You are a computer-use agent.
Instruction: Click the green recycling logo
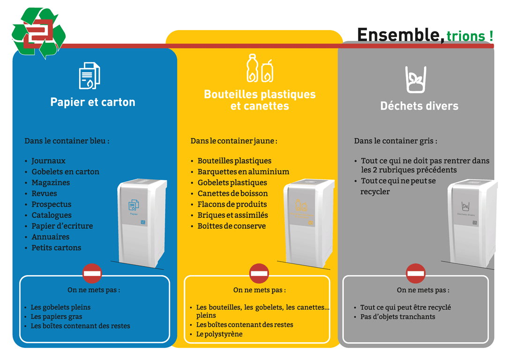point(38,33)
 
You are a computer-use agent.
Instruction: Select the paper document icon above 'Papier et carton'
point(89,75)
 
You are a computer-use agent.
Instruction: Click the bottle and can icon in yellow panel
point(260,68)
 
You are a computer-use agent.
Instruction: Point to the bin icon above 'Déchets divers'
point(416,79)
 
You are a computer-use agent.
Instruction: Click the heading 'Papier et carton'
point(93,102)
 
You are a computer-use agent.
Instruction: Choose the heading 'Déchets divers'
point(419,106)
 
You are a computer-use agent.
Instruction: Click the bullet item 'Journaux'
point(48,161)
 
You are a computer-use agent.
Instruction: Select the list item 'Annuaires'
point(50,237)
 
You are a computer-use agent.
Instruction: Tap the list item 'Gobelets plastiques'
point(232,182)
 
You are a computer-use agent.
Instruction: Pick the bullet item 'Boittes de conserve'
point(231,226)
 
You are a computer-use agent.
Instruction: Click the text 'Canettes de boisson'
point(232,193)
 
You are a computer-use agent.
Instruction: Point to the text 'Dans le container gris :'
point(395,141)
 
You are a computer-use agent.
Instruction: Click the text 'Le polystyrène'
point(219,334)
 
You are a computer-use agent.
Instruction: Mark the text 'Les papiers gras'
point(56,316)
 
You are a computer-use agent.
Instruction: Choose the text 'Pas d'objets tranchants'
point(397,316)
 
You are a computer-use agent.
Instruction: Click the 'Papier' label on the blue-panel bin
point(134,213)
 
